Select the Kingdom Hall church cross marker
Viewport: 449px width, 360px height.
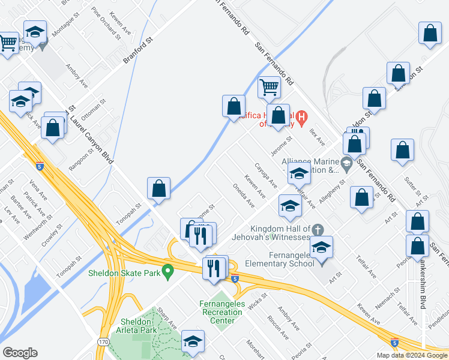pyautogui.click(x=318, y=229)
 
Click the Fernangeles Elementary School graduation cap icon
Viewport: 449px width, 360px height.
pyautogui.click(x=321, y=248)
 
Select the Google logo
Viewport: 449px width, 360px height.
pyautogui.click(x=20, y=353)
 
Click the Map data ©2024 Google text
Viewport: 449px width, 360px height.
pyautogui.click(x=411, y=355)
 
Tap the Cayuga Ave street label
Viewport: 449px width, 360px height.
pyautogui.click(x=266, y=175)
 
